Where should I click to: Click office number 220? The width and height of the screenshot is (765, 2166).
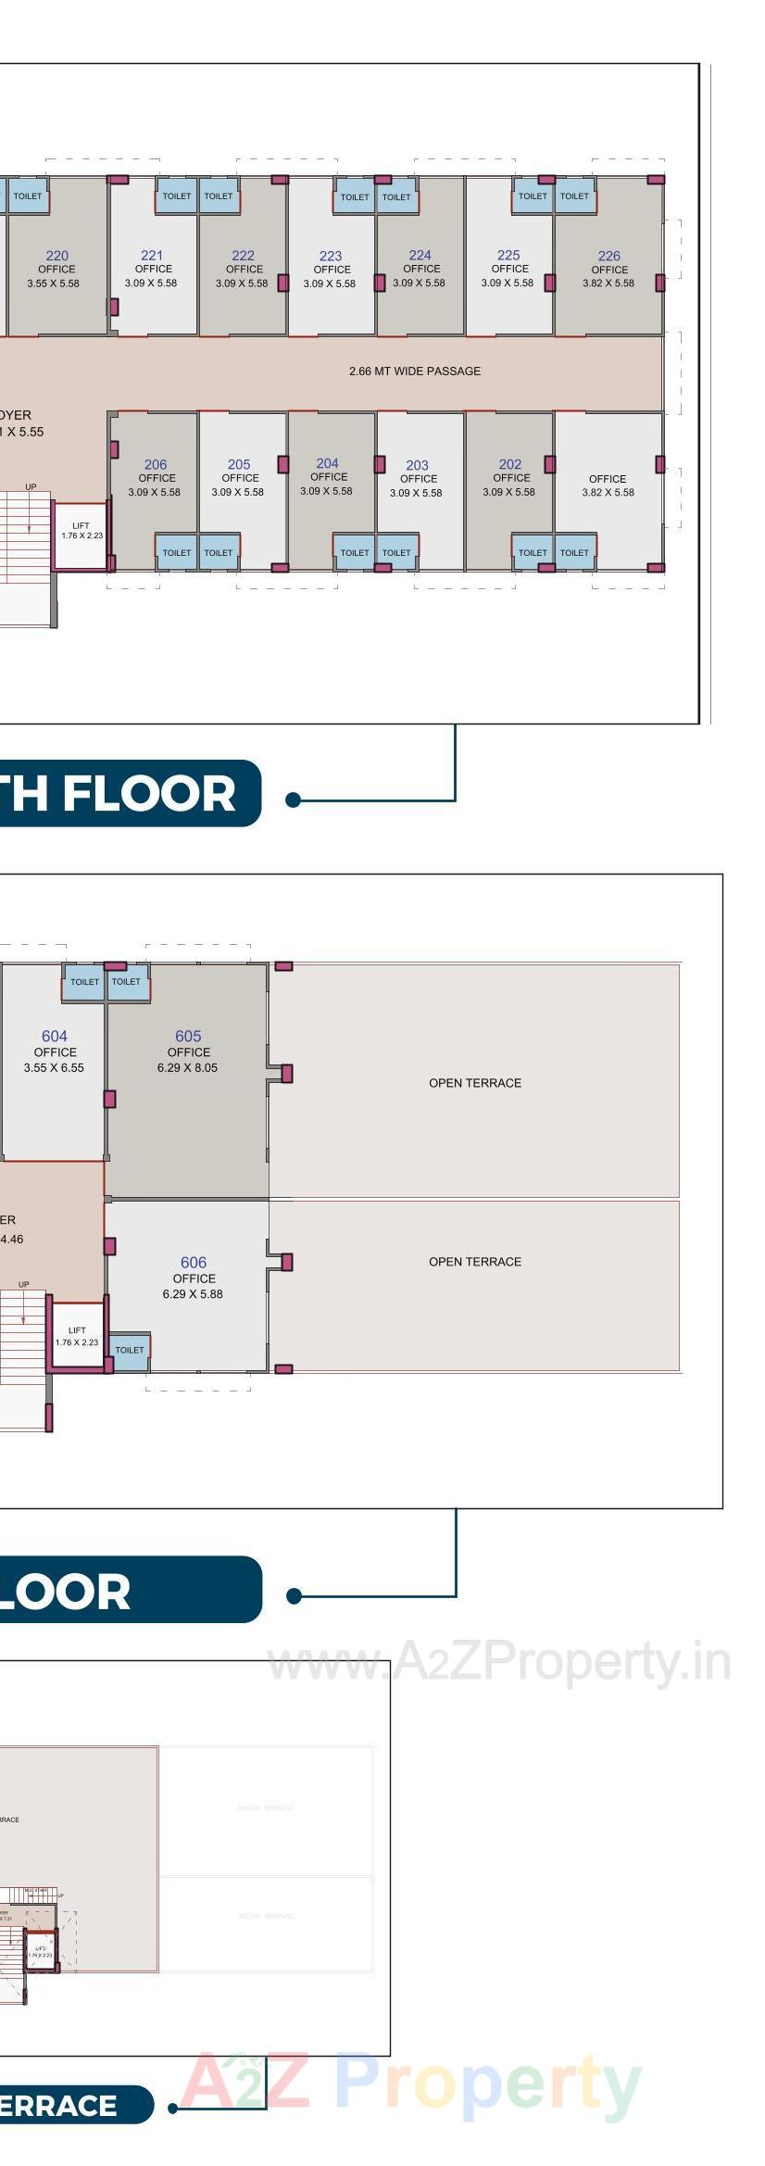57,256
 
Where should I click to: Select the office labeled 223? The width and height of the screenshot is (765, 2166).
331,256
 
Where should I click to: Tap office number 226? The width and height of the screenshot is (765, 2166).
608,256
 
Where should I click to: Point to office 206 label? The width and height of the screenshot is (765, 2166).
156,465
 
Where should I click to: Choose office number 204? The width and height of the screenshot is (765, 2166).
327,463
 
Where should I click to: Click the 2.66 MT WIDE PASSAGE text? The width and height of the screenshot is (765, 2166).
415,371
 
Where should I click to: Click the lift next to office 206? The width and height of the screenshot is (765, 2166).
82,535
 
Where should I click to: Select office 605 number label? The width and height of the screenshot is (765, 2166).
188,1037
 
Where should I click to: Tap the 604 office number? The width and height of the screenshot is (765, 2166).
55,1037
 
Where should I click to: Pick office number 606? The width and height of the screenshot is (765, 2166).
194,1263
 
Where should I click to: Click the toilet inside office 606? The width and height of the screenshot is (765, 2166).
130,1351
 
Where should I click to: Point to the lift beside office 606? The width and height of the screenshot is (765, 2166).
77,1336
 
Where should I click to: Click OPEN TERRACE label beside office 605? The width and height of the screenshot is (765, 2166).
475,1083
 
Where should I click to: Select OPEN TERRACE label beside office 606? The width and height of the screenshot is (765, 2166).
475,1262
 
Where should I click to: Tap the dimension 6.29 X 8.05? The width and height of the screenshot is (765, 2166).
187,1067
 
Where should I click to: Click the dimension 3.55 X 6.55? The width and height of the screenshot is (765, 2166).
54,1067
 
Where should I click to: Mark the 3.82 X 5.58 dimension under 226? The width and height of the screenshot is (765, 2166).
608,283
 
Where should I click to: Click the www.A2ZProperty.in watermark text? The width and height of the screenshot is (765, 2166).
498,1663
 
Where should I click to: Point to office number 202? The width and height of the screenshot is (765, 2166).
510,465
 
